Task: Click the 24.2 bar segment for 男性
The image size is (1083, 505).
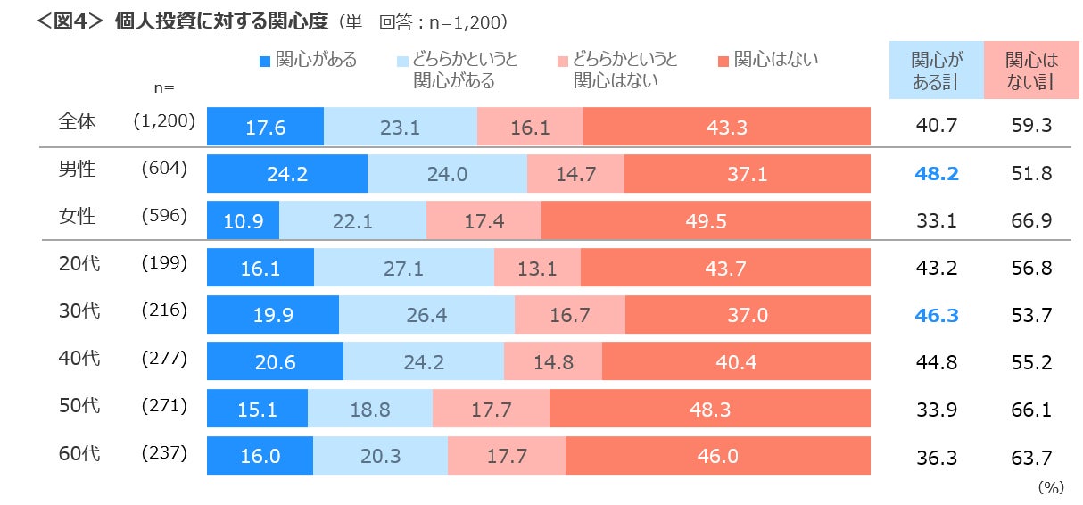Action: point(286,174)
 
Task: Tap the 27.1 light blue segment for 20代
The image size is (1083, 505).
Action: point(403,268)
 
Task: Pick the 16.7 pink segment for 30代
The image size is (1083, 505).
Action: point(569,315)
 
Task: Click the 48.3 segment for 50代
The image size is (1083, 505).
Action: point(709,410)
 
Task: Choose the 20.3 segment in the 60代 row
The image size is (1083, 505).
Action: point(380,457)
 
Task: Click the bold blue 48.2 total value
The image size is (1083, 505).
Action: point(937,174)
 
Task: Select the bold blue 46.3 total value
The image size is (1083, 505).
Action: point(937,315)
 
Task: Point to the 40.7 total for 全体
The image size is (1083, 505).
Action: point(937,127)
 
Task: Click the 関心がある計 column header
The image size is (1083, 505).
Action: point(937,70)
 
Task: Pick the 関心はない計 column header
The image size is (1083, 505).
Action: point(1031,70)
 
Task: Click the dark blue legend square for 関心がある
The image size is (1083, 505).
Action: point(264,62)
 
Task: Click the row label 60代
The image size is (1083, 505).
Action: point(79,452)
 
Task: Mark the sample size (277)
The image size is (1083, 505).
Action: point(164,358)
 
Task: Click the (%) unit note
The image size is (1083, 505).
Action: point(1051,487)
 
